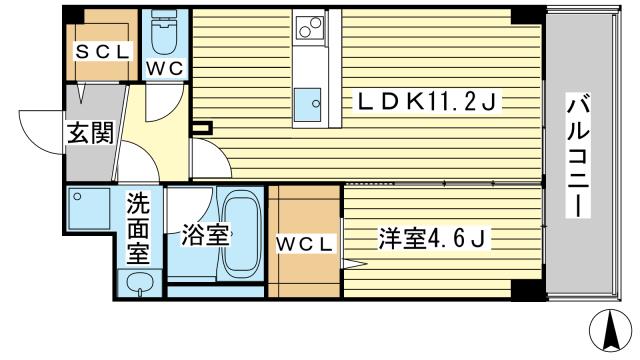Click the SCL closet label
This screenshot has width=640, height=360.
103,52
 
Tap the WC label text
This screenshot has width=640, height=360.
165,68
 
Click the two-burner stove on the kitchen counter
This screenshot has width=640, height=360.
310,27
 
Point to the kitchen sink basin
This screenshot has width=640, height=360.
308,104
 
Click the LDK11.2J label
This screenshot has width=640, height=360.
427,102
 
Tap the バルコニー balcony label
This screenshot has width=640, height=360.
579,155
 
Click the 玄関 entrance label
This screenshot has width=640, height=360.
90,133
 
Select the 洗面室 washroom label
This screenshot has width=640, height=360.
138,228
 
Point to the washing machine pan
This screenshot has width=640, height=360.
89,209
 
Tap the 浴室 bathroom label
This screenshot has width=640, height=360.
204,235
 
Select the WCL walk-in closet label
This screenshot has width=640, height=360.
304,244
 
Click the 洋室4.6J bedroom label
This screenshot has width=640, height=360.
433,238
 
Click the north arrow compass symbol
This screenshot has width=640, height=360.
611,330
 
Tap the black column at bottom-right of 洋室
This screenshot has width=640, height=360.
527,290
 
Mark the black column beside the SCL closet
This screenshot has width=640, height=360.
74,16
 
